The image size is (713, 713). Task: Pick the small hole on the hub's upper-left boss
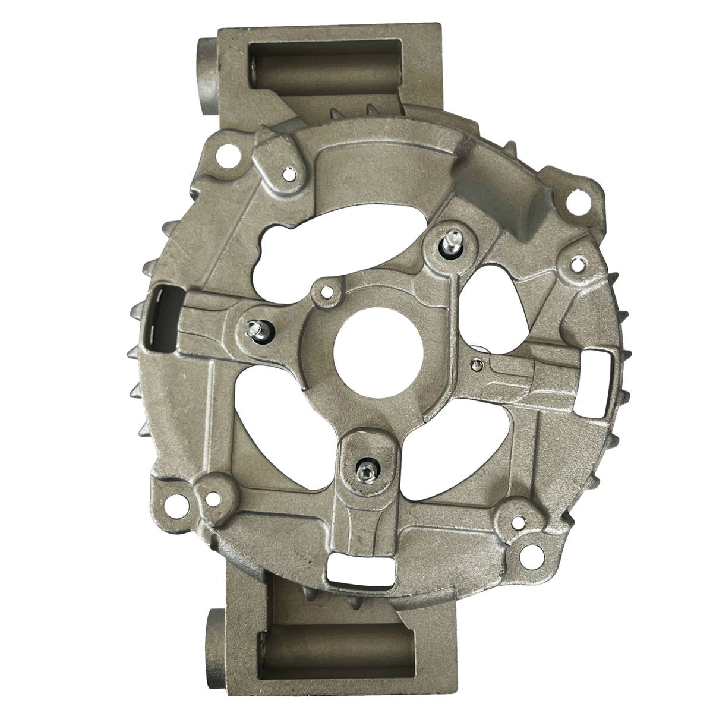point(325,292)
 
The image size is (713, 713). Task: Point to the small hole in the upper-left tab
point(289,175)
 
